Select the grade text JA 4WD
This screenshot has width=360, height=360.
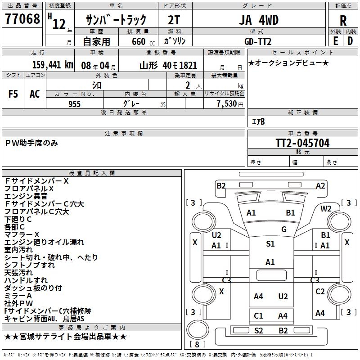point(258,20)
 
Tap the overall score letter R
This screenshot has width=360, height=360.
point(343,21)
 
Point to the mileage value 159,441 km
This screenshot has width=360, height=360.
point(53,65)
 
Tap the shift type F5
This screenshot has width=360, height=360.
point(13,94)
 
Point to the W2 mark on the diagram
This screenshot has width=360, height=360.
point(326,208)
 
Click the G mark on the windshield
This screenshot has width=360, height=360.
point(283,229)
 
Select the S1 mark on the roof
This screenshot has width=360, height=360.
point(270,244)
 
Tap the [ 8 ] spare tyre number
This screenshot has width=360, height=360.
point(197,344)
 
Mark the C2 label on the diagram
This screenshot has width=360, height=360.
point(320,292)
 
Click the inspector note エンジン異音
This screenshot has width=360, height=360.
point(26,196)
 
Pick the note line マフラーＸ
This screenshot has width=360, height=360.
point(22,234)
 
